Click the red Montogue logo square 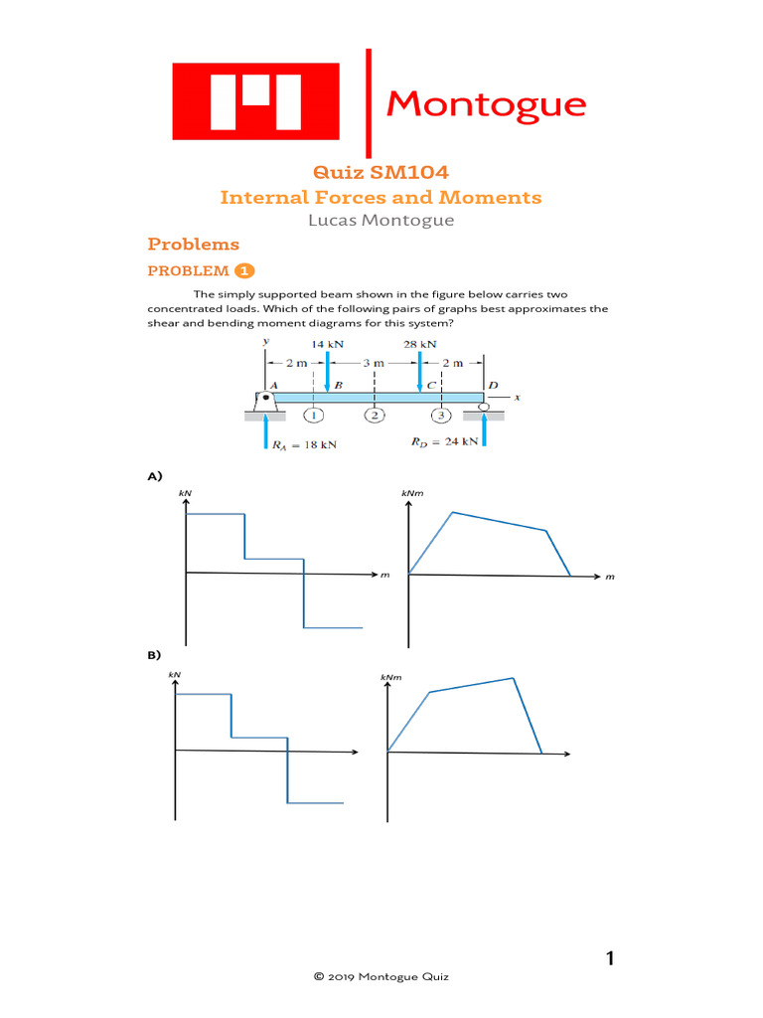[257, 101]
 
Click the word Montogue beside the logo [486, 103]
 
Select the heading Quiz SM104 [381, 172]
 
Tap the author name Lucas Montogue [381, 220]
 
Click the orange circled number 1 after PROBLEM [244, 270]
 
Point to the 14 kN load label [328, 344]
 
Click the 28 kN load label [420, 344]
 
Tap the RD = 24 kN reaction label [444, 440]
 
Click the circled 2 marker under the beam [375, 416]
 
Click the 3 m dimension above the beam [374, 364]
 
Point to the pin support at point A [264, 402]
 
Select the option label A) [154, 477]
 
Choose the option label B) [154, 655]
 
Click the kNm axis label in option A [411, 493]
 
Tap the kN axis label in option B [175, 675]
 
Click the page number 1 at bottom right [610, 958]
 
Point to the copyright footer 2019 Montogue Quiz [381, 977]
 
